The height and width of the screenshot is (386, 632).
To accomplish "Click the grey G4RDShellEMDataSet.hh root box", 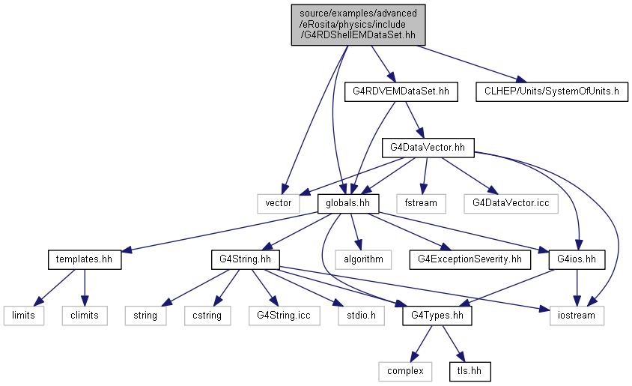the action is [x=359, y=25].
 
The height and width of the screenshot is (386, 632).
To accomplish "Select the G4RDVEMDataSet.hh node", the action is [x=401, y=91].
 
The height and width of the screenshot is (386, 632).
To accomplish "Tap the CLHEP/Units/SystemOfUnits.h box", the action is [x=552, y=91].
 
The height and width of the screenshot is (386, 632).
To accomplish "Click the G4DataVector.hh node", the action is [x=428, y=148].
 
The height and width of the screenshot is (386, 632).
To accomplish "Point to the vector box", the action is [x=279, y=203].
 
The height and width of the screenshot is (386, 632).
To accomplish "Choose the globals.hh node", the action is [x=348, y=203].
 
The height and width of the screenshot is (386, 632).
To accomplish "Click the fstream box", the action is [x=421, y=203].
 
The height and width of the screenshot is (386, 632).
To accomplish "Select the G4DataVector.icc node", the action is [x=511, y=203].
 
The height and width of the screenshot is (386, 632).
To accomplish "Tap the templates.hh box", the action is [x=84, y=259].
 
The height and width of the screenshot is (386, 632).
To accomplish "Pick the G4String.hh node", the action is [x=245, y=259].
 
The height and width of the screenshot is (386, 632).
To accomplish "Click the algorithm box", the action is [x=364, y=259].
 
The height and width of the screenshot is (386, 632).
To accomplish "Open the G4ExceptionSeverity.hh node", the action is [x=470, y=259].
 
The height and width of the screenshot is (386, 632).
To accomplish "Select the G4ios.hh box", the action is [x=577, y=259].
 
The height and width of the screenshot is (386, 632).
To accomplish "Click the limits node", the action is [x=24, y=316].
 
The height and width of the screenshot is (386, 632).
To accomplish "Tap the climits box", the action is [x=85, y=316].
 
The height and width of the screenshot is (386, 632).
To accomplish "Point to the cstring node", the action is [x=207, y=316].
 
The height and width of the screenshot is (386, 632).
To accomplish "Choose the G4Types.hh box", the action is [x=437, y=316].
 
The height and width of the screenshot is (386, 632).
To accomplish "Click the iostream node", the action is [x=577, y=316].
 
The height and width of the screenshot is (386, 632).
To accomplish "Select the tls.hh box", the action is [x=470, y=371].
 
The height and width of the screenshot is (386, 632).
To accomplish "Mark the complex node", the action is [x=405, y=371].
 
